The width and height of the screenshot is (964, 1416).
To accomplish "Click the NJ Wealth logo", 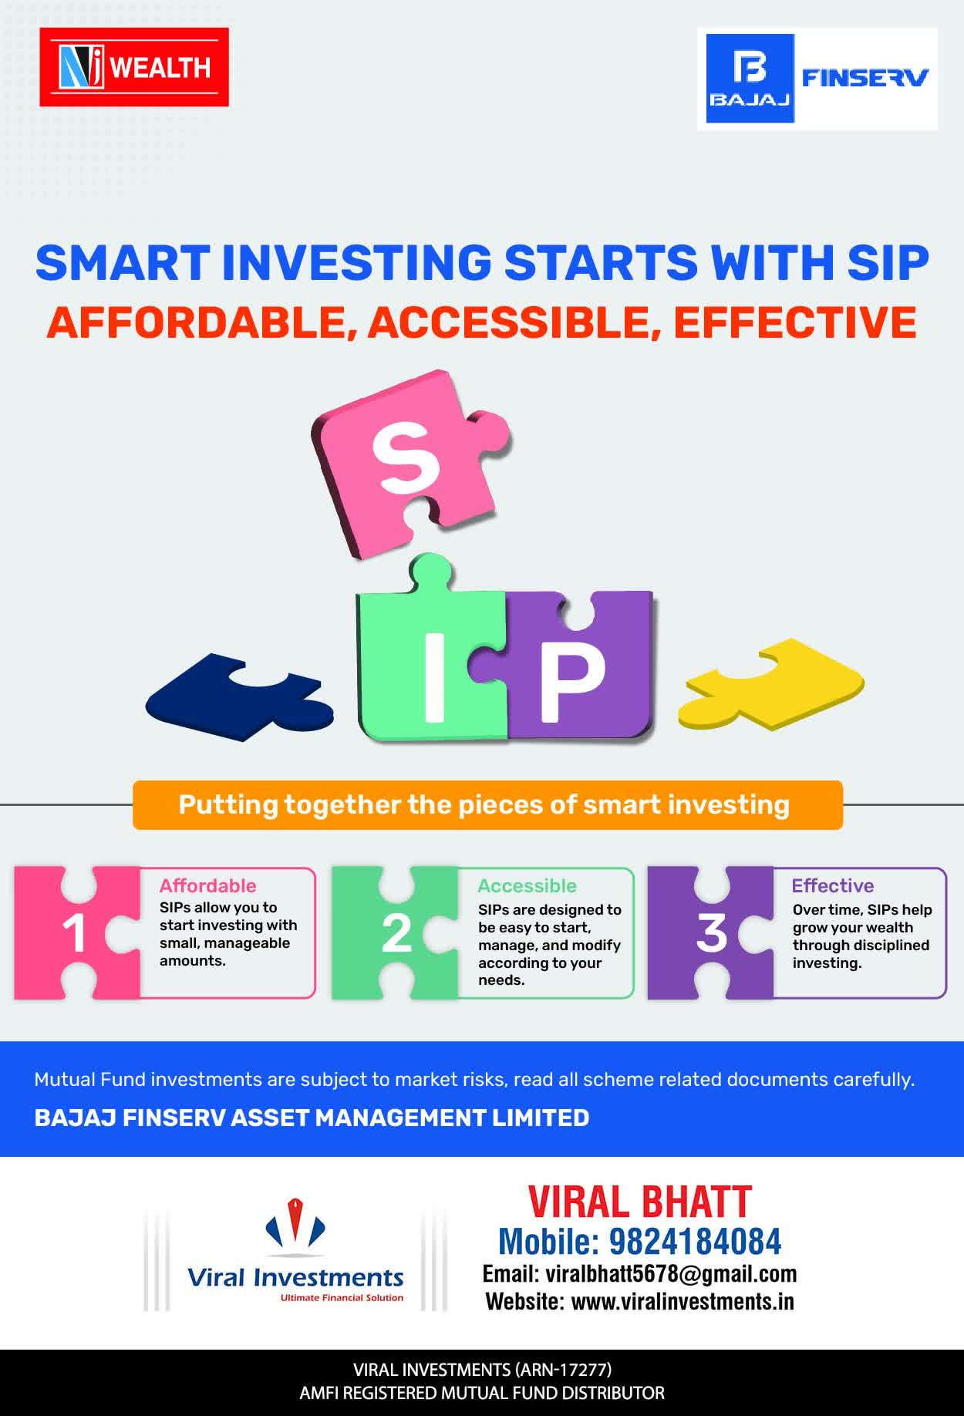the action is [134, 67].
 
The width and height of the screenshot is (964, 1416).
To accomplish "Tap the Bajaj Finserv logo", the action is [817, 79].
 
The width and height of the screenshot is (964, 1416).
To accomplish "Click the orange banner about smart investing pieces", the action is [487, 805].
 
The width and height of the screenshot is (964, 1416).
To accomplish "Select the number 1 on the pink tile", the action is [74, 933].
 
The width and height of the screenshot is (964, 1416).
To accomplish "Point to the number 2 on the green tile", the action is [396, 933].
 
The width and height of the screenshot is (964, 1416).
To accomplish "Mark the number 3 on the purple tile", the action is [711, 933].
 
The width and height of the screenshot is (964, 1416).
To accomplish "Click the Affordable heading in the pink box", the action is [207, 885].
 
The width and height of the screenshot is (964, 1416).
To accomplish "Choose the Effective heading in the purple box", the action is [833, 885].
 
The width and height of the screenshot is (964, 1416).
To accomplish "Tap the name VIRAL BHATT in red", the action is [640, 1202].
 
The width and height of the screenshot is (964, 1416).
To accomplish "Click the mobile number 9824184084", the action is [696, 1242].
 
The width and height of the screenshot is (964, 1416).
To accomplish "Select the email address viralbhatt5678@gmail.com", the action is [671, 1274].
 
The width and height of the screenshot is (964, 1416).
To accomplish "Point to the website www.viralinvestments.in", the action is [683, 1302].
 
